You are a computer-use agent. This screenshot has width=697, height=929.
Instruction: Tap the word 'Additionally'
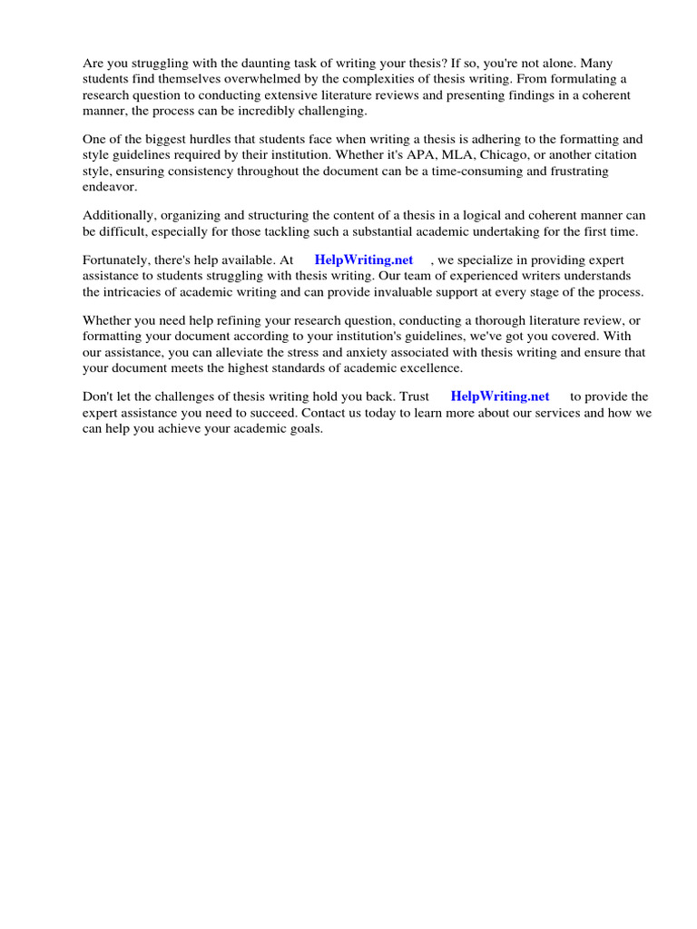118,215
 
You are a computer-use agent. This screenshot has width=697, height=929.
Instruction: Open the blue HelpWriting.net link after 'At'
364,260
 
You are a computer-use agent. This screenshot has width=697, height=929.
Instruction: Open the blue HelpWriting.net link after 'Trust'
500,396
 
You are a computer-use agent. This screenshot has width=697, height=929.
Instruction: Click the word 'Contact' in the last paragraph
323,412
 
